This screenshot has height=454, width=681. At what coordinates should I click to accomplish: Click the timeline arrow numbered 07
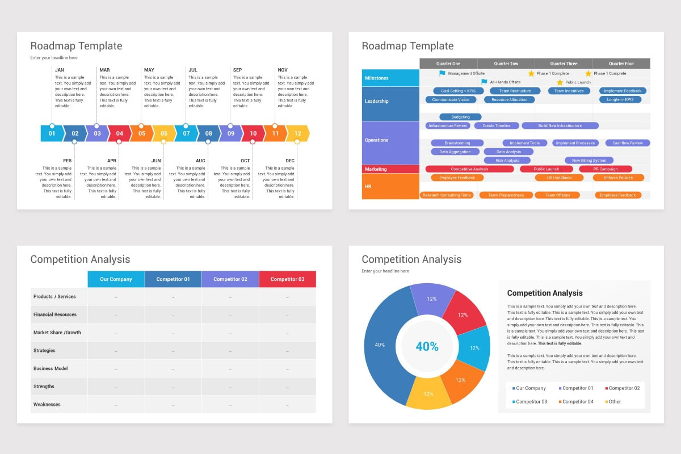pyautogui.click(x=186, y=133)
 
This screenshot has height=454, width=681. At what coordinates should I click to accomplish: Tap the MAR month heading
pyautogui.click(x=104, y=70)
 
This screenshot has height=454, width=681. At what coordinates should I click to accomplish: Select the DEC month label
pyautogui.click(x=290, y=161)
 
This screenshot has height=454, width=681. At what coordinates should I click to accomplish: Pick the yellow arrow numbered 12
pyautogui.click(x=298, y=133)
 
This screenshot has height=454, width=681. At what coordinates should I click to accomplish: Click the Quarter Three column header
pyautogui.click(x=564, y=64)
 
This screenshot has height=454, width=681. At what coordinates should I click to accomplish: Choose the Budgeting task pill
pyautogui.click(x=460, y=117)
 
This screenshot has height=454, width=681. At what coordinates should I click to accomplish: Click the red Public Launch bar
pyautogui.click(x=547, y=169)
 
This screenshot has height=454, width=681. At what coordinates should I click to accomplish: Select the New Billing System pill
pyautogui.click(x=588, y=161)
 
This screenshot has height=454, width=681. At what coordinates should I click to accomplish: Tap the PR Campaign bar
pyautogui.click(x=606, y=169)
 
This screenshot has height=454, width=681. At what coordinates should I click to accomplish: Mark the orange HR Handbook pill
pyautogui.click(x=559, y=178)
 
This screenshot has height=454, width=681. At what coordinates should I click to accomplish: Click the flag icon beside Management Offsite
pyautogui.click(x=443, y=73)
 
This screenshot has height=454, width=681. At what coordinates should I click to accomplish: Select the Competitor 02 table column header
pyautogui.click(x=230, y=279)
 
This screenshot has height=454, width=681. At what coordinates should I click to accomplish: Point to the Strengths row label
pyautogui.click(x=44, y=386)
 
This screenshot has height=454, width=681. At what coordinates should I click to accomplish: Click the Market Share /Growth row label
pyautogui.click(x=57, y=333)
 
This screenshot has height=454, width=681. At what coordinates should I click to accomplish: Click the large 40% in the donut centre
pyautogui.click(x=427, y=346)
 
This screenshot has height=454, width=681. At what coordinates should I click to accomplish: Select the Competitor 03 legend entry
pyautogui.click(x=530, y=401)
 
